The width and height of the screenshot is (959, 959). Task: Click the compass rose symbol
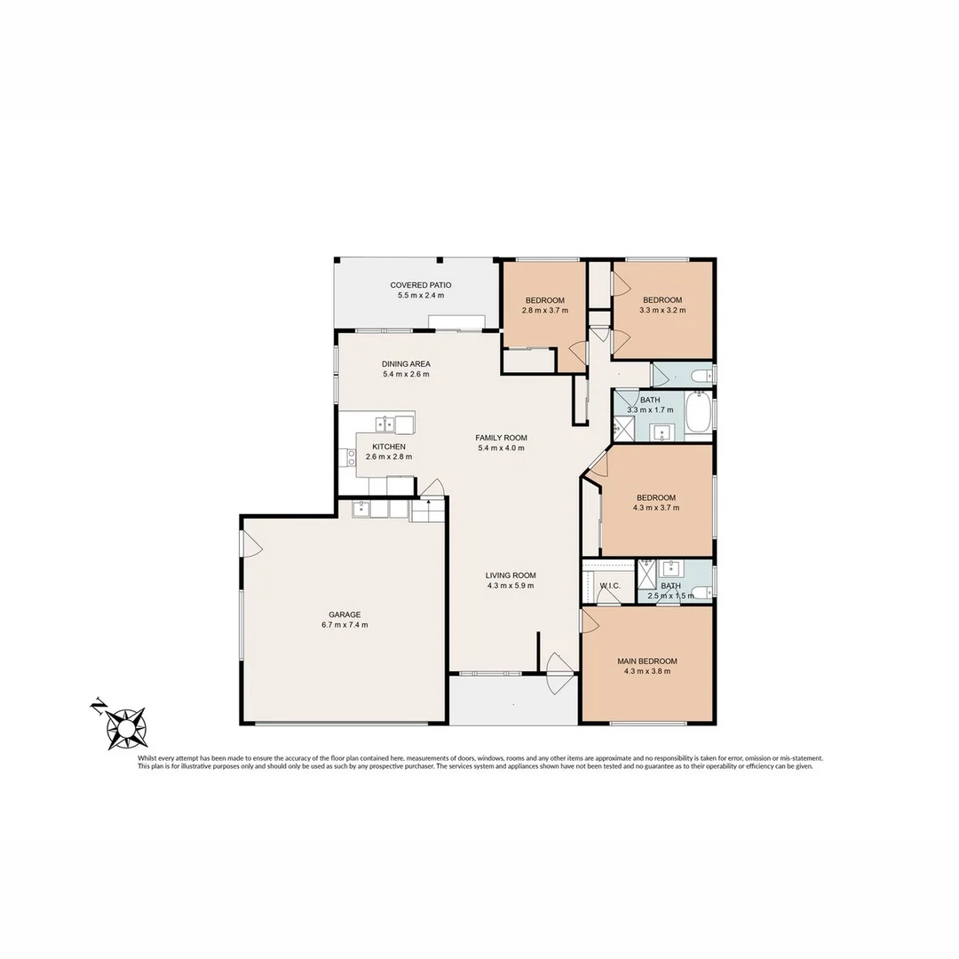pos(125,727)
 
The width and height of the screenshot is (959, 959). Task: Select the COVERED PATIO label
pos(421,285)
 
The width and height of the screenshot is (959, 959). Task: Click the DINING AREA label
pos(406,364)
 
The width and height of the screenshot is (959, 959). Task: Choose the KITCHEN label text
pos(389,447)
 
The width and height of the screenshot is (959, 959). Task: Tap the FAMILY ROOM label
pos(502,438)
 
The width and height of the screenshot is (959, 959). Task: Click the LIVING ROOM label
pos(511,575)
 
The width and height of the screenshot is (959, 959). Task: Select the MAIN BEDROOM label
pos(647,661)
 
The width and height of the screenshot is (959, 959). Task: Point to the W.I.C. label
pos(609,586)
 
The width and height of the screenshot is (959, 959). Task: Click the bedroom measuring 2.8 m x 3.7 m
pos(544,305)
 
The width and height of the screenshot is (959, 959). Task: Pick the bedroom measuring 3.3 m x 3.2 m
pos(662,305)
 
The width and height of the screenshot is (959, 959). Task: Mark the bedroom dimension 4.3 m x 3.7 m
pos(656,508)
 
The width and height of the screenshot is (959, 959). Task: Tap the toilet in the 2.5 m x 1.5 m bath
pos(701,593)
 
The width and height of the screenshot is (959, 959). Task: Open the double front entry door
pos(559,675)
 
